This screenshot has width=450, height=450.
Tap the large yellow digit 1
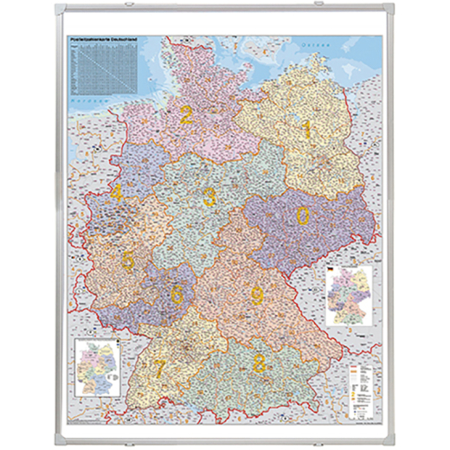click(305, 131)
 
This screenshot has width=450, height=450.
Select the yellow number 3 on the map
click(209, 197)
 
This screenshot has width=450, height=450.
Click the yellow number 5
click(129, 259)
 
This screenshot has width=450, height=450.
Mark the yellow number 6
click(177, 293)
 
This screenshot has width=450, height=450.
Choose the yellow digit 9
click(257, 295)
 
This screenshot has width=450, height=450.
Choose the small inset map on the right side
click(350, 293)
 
